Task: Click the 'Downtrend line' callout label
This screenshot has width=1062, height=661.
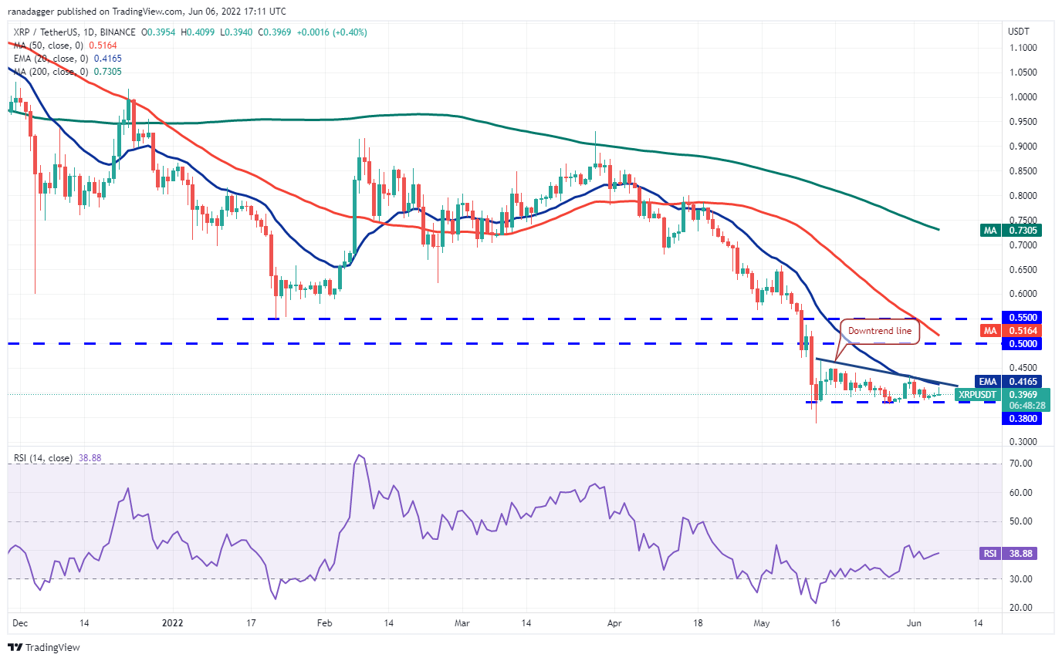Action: click(880, 330)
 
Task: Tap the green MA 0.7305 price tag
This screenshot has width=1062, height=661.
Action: click(1020, 230)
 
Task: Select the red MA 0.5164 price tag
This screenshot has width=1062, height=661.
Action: click(1020, 331)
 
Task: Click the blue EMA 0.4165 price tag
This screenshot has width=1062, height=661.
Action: click(1020, 381)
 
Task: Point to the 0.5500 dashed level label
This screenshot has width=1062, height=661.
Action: click(1020, 317)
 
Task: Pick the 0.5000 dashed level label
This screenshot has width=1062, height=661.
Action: click(1020, 344)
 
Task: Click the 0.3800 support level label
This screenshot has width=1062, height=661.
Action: click(1020, 418)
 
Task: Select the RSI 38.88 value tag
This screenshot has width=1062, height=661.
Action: click(1020, 553)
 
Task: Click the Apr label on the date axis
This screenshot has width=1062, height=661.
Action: click(614, 622)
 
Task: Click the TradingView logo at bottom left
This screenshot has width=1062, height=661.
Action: click(44, 647)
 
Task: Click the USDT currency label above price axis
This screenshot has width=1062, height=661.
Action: click(1019, 32)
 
